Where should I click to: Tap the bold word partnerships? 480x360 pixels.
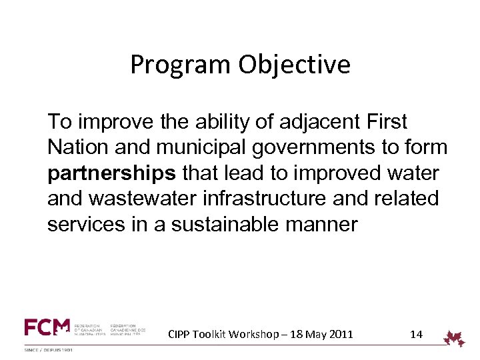112,173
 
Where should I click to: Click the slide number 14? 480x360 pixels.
416,334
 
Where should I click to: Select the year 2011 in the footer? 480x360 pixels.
340,334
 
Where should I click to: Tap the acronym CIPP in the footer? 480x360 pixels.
179,334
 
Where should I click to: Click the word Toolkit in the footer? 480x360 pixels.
212,334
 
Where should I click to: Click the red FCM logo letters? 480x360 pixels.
47,327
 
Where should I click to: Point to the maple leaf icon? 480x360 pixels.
455,339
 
